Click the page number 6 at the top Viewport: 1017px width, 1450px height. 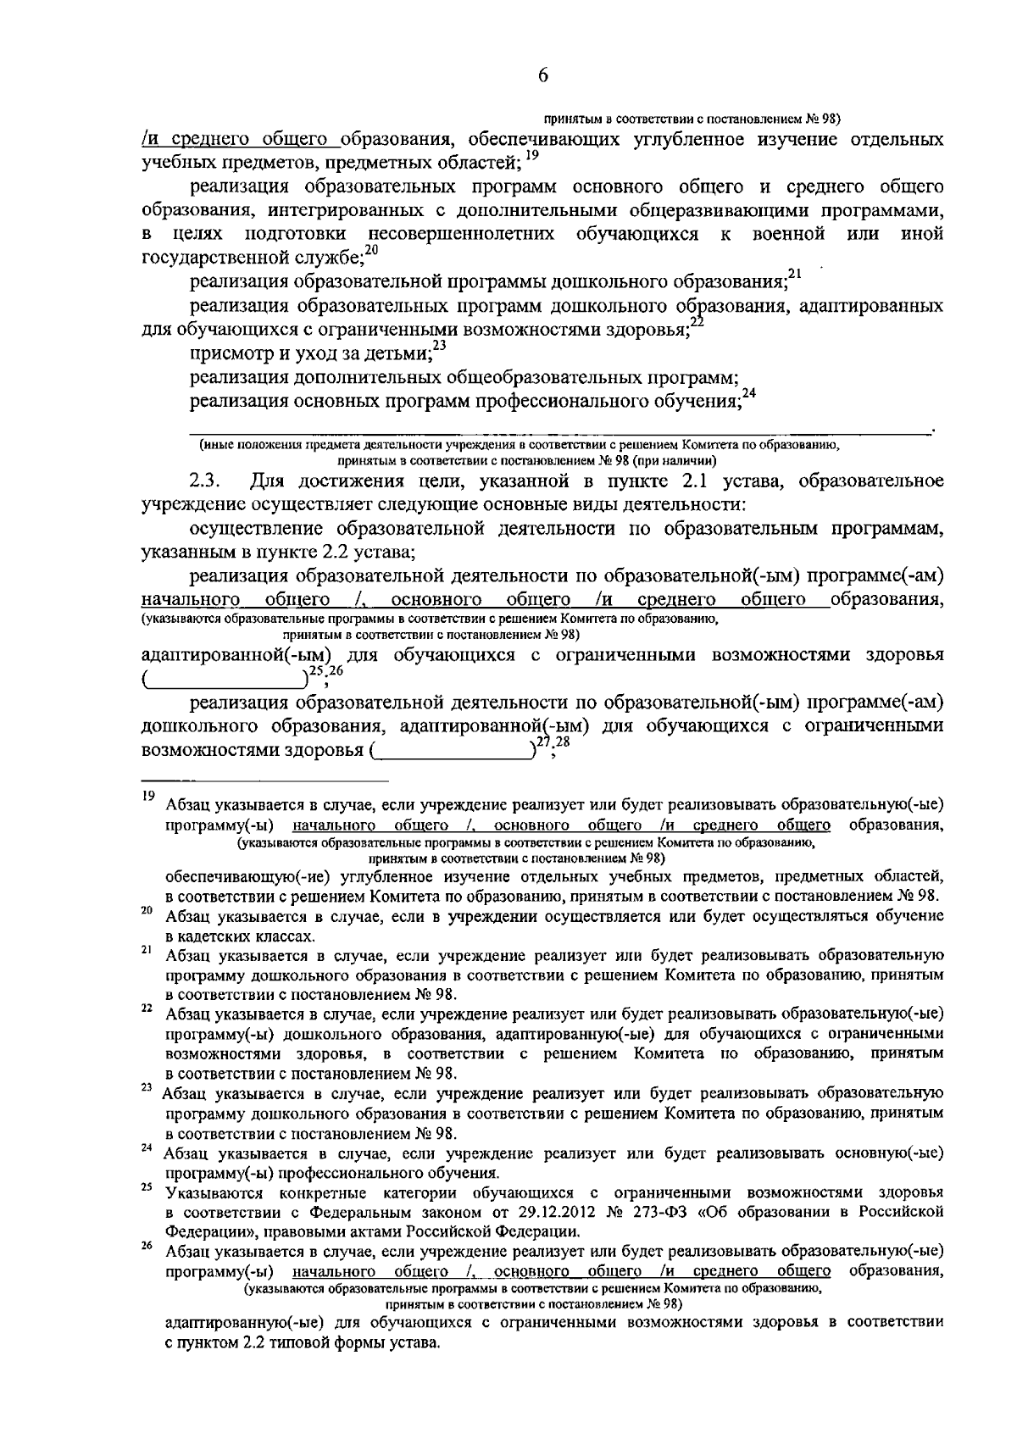click(x=543, y=76)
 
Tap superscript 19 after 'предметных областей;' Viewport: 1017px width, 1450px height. click(x=531, y=155)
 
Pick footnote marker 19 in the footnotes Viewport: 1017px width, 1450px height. click(x=147, y=795)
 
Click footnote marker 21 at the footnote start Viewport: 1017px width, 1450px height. click(x=147, y=951)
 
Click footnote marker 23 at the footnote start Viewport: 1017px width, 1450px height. click(x=147, y=1088)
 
